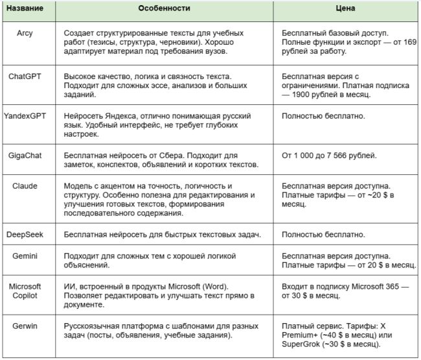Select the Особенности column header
coord(164,11)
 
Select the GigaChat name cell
coord(25,155)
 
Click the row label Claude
coord(25,186)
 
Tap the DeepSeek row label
coord(25,234)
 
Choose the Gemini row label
coord(25,256)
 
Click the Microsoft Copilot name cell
coord(25,291)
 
